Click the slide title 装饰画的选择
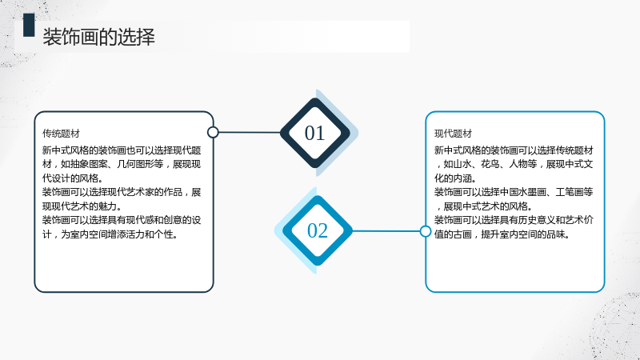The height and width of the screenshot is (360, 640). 98,37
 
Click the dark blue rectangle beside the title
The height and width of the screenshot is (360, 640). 29,25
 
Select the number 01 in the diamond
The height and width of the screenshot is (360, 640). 314,133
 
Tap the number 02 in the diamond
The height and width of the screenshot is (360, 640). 318,230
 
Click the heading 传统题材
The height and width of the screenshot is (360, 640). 62,134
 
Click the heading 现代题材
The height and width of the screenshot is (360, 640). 453,134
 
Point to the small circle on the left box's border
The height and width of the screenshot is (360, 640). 213,132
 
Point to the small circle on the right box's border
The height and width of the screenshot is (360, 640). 426,231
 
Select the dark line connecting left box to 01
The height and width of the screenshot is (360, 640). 250,132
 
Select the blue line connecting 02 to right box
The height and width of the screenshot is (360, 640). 386,231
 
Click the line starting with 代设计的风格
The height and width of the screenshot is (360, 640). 73,178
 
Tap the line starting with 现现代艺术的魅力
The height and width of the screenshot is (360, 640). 82,206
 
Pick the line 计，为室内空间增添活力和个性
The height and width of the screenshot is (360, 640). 110,234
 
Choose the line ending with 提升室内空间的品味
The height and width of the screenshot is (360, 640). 502,234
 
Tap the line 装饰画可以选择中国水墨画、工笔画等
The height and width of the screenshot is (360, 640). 514,192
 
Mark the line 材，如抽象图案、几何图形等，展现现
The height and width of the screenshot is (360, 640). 122,164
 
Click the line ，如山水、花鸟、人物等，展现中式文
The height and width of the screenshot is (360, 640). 514,164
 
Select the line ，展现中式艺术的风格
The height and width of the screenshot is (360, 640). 485,206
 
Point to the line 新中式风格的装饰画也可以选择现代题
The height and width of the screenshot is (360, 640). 122,150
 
